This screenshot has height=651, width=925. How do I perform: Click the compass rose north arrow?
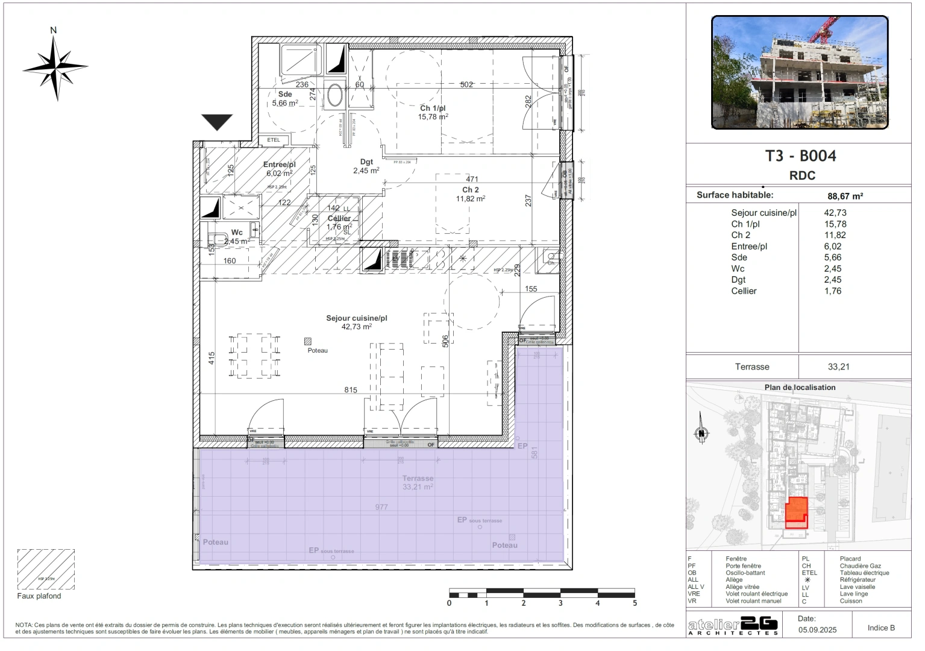(55, 67)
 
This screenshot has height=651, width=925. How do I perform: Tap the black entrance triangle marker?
(217, 121)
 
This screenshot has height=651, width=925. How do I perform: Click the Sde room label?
(285, 95)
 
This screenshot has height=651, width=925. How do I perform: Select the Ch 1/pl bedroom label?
(433, 108)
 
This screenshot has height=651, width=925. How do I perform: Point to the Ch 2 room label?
(471, 190)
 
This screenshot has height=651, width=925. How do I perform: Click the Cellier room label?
(339, 219)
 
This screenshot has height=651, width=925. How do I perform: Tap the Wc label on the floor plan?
(237, 233)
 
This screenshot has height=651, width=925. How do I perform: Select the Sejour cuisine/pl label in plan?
(356, 318)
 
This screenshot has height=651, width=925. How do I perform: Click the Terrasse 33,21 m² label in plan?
(418, 482)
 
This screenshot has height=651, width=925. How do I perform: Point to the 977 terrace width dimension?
(381, 507)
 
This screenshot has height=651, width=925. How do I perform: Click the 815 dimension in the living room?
(351, 390)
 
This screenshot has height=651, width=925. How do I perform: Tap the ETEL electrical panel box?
(274, 140)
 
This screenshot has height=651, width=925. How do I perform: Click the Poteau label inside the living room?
(318, 350)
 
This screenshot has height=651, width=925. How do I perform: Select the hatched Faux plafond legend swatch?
(46, 568)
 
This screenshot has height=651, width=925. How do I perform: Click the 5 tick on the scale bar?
(635, 603)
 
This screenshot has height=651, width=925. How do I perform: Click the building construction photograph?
(800, 72)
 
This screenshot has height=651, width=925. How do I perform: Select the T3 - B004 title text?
(800, 156)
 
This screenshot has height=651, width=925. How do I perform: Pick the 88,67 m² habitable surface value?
(845, 196)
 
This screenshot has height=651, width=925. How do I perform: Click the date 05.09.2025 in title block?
(817, 630)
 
